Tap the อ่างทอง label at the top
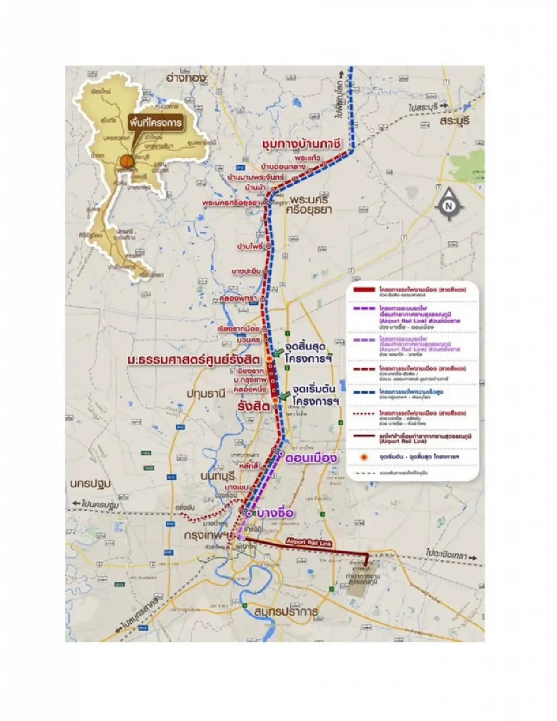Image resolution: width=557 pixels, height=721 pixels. tap(186, 78)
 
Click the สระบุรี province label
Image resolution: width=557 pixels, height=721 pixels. tap(455, 121)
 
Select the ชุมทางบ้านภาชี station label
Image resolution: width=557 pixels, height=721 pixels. tap(301, 144)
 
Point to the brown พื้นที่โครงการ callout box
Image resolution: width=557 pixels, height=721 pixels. tap(155, 123)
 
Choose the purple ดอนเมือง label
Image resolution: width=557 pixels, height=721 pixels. tap(311, 458)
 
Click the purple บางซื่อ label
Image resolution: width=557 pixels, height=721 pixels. tap(276, 513)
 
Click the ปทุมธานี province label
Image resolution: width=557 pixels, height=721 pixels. tap(206, 393)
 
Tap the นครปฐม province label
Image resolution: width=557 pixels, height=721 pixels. tap(91, 484)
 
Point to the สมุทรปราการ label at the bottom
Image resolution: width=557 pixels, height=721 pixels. tap(286, 611)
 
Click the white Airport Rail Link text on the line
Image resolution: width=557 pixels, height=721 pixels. tap(309, 542)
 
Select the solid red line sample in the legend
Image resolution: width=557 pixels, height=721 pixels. tap(363, 290)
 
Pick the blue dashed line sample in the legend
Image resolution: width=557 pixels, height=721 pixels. tap(363, 391)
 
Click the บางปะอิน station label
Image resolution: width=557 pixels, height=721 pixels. tap(246, 271)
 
